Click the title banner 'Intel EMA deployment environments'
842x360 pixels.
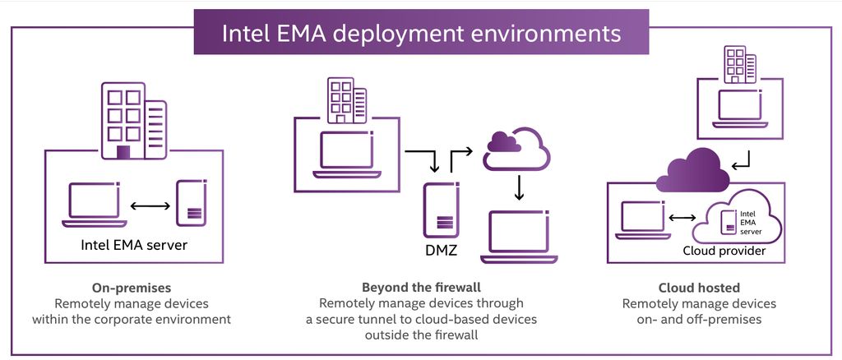[421, 33]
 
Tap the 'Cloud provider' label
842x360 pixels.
[725, 250]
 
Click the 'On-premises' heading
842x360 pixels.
[132, 288]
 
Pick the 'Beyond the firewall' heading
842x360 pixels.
[420, 288]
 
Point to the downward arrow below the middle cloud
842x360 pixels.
[518, 187]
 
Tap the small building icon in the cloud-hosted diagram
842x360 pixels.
[738, 65]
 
